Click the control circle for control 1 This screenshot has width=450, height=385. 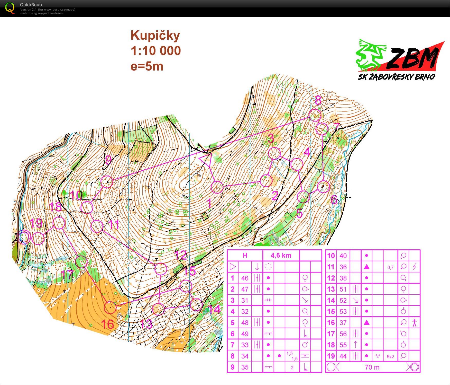[x=217, y=187]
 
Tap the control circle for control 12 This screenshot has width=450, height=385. [x=161, y=269]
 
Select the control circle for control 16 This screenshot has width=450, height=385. [x=110, y=308]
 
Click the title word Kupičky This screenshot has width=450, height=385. [x=155, y=35]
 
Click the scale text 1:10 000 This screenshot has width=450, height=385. [x=156, y=51]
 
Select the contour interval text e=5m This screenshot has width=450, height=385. [x=147, y=66]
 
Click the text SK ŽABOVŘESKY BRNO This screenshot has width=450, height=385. [x=396, y=77]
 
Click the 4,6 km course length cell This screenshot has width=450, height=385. [x=281, y=255]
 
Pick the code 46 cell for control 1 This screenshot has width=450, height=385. [x=245, y=278]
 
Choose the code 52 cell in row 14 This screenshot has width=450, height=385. [x=343, y=300]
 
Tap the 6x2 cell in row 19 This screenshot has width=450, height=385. [x=390, y=356]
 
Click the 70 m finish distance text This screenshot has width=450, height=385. [x=372, y=367]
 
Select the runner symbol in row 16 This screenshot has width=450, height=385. [x=414, y=322]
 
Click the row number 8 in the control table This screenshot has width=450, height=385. [x=233, y=356]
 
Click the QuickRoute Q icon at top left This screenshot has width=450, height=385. [x=10, y=8]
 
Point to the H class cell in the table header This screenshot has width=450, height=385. [x=245, y=255]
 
